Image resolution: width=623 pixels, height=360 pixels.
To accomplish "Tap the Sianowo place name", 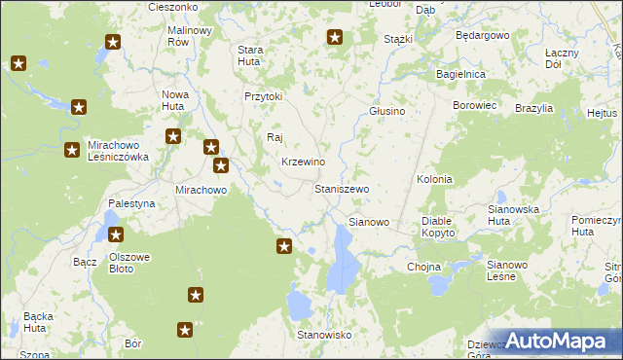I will (x=369, y=222).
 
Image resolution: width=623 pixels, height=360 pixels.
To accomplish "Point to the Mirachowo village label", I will (x=201, y=190).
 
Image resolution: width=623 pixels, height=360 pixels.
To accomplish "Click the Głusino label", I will (x=386, y=111).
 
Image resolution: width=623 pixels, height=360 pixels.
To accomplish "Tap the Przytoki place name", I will (x=263, y=96).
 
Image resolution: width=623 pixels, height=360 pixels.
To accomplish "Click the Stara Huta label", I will (x=251, y=54).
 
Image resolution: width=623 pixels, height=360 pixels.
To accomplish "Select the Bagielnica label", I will (x=461, y=74).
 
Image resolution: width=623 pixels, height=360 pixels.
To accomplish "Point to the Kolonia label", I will (x=434, y=179).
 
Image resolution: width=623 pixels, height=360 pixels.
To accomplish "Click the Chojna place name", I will (x=424, y=267).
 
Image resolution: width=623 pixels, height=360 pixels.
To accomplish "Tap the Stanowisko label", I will (x=324, y=335).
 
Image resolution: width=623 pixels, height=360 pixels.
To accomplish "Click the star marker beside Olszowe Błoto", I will (x=116, y=234).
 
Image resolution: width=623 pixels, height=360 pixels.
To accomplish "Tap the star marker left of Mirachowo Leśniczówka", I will (x=72, y=150).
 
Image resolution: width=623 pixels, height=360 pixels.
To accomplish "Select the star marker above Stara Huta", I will (x=335, y=38).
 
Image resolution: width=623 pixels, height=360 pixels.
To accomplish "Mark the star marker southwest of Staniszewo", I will (x=284, y=246).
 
